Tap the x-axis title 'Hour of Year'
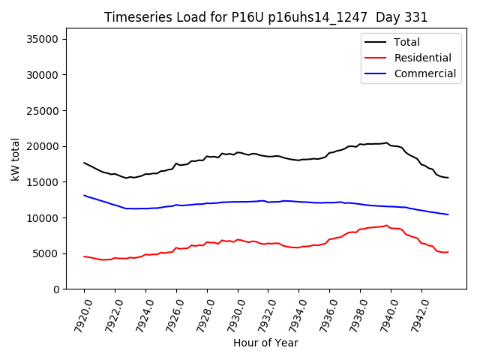tap(265, 343)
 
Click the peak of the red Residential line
tap(386, 225)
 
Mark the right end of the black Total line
tap(448, 178)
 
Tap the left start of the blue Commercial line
tap(84, 195)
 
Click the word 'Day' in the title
tap(386, 17)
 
